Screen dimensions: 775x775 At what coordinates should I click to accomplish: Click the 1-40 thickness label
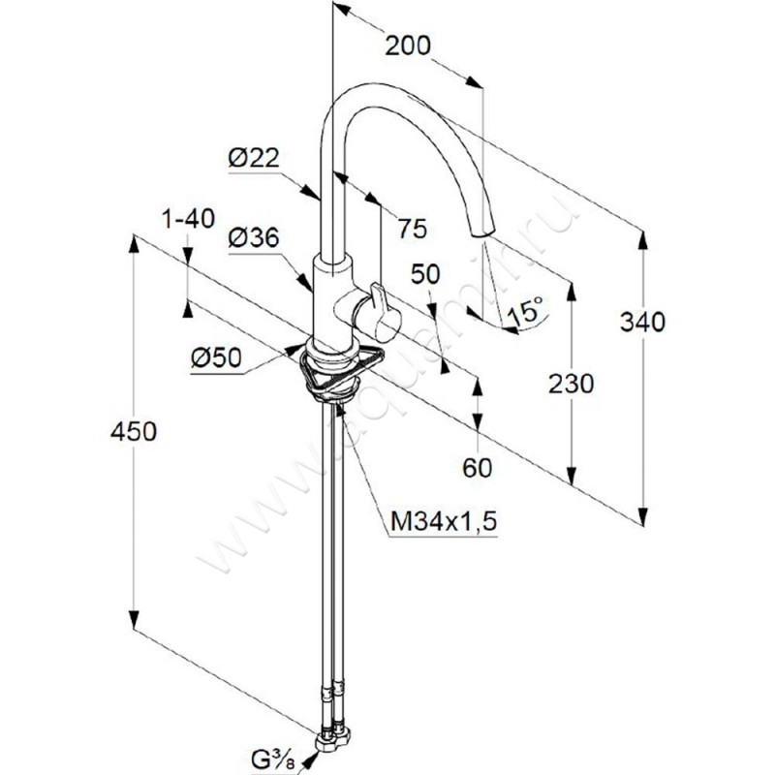pos(188,220)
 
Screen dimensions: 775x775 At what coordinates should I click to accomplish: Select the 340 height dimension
pos(644,322)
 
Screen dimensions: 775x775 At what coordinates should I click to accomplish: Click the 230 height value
pos(572,384)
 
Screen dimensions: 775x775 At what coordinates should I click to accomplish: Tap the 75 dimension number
pos(412,230)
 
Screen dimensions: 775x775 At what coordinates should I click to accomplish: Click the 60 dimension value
pos(478,468)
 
